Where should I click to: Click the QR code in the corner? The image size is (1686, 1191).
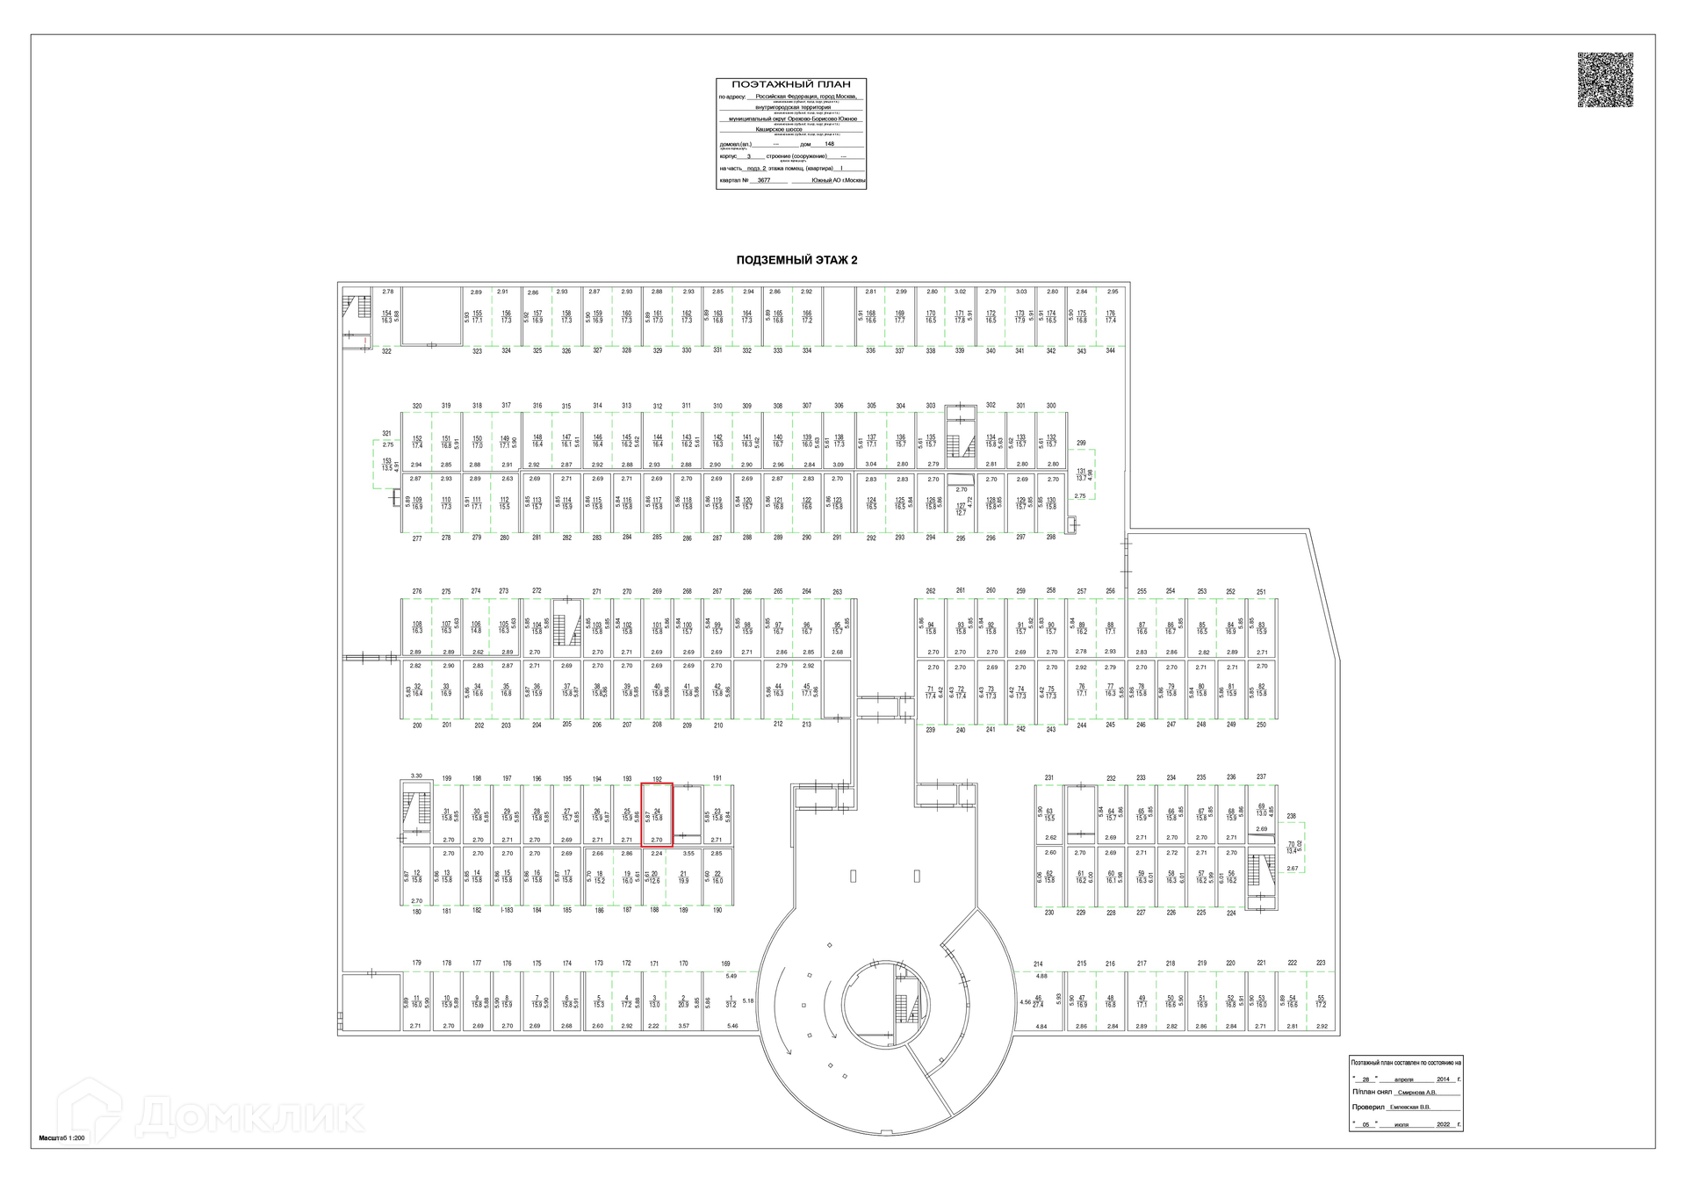pyautogui.click(x=1604, y=80)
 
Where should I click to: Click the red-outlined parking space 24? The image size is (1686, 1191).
pyautogui.click(x=657, y=814)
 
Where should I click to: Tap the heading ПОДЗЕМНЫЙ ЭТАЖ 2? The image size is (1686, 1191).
pyautogui.click(x=796, y=260)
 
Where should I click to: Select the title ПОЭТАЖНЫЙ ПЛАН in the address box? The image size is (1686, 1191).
pyautogui.click(x=791, y=84)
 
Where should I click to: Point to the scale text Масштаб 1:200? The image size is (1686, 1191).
pyautogui.click(x=61, y=1137)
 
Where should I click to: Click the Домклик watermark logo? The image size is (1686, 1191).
pyautogui.click(x=211, y=1115)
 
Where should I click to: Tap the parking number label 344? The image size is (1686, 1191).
pyautogui.click(x=1110, y=350)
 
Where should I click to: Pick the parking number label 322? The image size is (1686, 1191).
pyautogui.click(x=386, y=351)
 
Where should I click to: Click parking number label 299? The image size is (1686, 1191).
pyautogui.click(x=1081, y=444)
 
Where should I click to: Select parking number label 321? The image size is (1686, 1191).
pyautogui.click(x=386, y=433)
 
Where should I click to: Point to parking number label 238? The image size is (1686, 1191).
pyautogui.click(x=1291, y=816)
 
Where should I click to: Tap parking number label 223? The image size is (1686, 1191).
pyautogui.click(x=1321, y=963)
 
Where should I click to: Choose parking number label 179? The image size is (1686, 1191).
pyautogui.click(x=417, y=964)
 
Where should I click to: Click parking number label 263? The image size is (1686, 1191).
pyautogui.click(x=837, y=592)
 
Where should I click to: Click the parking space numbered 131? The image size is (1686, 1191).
pyautogui.click(x=1082, y=475)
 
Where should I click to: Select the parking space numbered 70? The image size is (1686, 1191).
pyautogui.click(x=1291, y=848)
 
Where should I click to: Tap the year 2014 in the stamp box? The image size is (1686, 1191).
pyautogui.click(x=1444, y=1079)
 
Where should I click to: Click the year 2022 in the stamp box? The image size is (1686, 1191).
pyautogui.click(x=1444, y=1124)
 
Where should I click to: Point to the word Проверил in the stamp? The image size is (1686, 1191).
pyautogui.click(x=1367, y=1107)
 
